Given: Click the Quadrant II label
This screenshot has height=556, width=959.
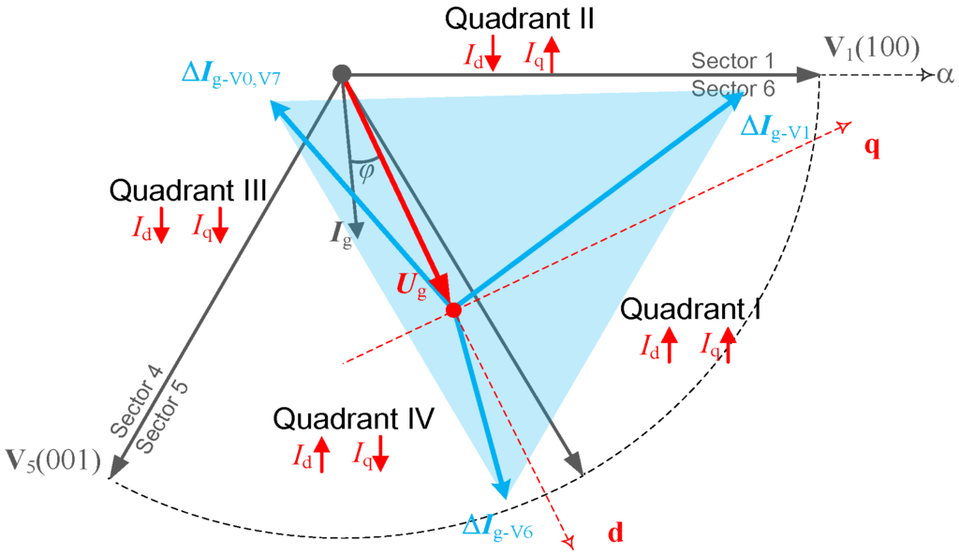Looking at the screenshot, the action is tap(520, 18).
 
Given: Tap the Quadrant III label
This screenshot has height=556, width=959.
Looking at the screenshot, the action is tap(189, 190).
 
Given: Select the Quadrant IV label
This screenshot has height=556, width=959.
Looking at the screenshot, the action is tap(353, 419).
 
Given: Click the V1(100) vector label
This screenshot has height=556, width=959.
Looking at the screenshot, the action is tap(871, 48).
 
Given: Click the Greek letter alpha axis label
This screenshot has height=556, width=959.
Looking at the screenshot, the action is tap(944, 74).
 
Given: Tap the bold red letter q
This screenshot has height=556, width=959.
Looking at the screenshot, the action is tap(872, 147).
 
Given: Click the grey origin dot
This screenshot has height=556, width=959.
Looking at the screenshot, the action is tap(343, 73).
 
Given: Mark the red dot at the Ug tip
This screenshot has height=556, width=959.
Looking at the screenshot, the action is tap(453, 309).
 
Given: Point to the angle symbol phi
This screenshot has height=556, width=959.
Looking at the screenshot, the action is tap(366, 172).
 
